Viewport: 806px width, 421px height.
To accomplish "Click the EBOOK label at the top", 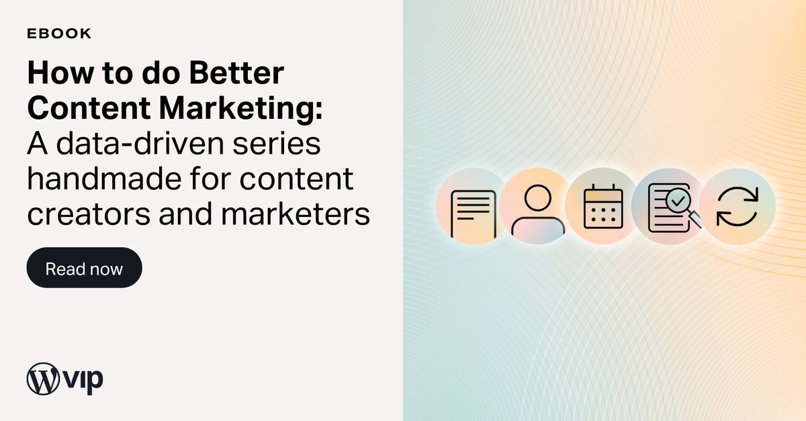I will [60, 34].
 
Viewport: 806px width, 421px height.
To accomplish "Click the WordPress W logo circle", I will [44, 379].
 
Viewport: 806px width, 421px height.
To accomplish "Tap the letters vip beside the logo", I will [83, 381].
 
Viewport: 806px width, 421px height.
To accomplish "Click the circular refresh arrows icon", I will [737, 206].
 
